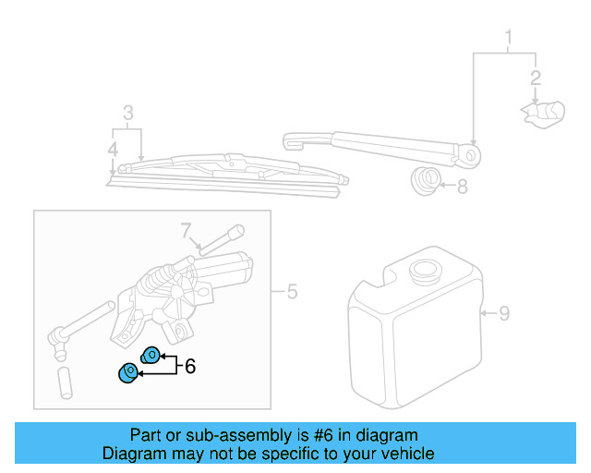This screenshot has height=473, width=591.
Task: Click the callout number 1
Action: pyautogui.click(x=507, y=37)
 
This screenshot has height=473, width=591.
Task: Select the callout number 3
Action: pyautogui.click(x=128, y=114)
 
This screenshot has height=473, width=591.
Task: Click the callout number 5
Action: pyautogui.click(x=292, y=293)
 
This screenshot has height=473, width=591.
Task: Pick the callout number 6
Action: pyautogui.click(x=190, y=366)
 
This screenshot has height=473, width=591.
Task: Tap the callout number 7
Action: pyautogui.click(x=185, y=229)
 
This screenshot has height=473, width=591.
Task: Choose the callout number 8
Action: pyautogui.click(x=462, y=187)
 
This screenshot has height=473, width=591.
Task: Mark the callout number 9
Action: pyautogui.click(x=504, y=313)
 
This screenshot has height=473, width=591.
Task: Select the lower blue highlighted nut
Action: pyautogui.click(x=128, y=373)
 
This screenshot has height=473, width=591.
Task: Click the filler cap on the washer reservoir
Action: pyautogui.click(x=424, y=274)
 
